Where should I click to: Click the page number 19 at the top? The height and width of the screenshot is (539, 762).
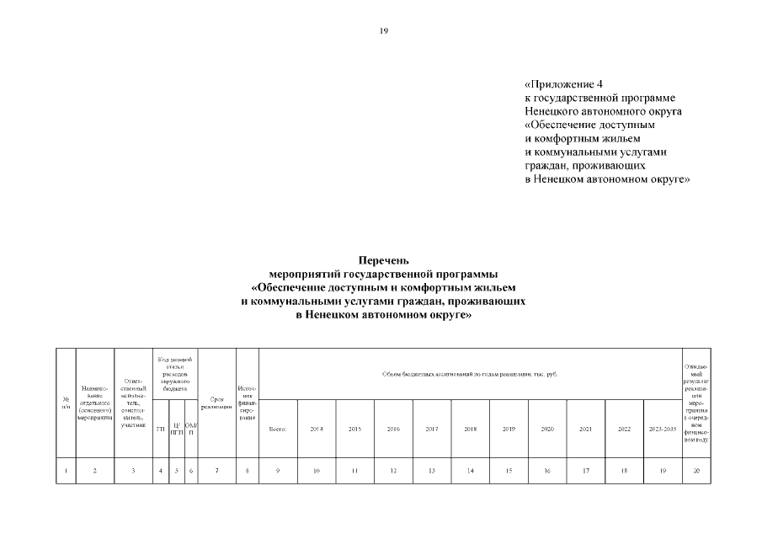[x=384, y=31]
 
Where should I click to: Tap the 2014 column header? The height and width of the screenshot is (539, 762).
[x=317, y=430]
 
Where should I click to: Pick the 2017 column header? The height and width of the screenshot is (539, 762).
[x=432, y=430]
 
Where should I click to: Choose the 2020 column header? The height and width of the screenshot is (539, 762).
[x=547, y=430]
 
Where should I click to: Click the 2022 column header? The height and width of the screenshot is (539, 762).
[x=624, y=430]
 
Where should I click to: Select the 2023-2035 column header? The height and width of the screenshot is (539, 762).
[x=663, y=430]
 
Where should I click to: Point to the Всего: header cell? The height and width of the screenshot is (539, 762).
[x=278, y=430]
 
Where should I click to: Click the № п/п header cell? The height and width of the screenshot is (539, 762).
[x=66, y=404]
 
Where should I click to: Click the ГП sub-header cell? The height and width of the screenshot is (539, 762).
[x=161, y=430]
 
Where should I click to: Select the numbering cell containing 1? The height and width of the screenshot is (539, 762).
[x=66, y=471]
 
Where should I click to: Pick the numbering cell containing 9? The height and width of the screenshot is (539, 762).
[x=278, y=471]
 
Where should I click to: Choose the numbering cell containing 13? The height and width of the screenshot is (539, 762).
[x=432, y=471]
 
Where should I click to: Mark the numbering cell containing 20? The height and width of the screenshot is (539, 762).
[x=696, y=471]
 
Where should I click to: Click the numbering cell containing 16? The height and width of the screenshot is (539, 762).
[x=547, y=471]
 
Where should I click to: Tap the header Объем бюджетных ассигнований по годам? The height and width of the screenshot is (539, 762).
[x=470, y=374]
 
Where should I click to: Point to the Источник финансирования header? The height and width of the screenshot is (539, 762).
[x=248, y=404]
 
